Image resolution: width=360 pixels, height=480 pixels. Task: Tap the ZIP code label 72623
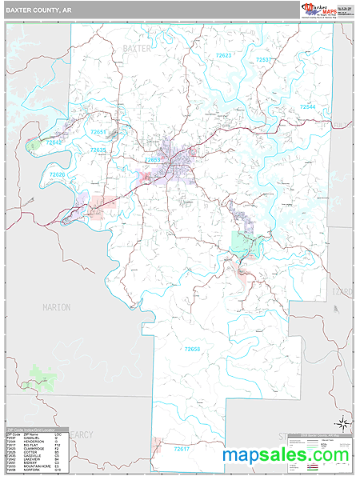point(223,55)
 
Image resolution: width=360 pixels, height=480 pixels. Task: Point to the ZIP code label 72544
point(308,106)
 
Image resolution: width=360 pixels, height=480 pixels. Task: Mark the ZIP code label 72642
point(54,142)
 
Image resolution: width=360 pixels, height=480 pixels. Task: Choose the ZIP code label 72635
point(98,150)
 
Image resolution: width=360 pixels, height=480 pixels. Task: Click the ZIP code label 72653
point(153,159)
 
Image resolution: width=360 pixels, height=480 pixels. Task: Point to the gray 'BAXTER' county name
point(137,49)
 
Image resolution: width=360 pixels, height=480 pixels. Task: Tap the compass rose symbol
point(342,422)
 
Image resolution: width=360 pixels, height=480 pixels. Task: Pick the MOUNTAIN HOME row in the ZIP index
point(31,466)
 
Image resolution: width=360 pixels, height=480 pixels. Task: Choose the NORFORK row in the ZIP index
point(31,470)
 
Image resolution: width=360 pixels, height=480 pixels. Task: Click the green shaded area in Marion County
point(40,374)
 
